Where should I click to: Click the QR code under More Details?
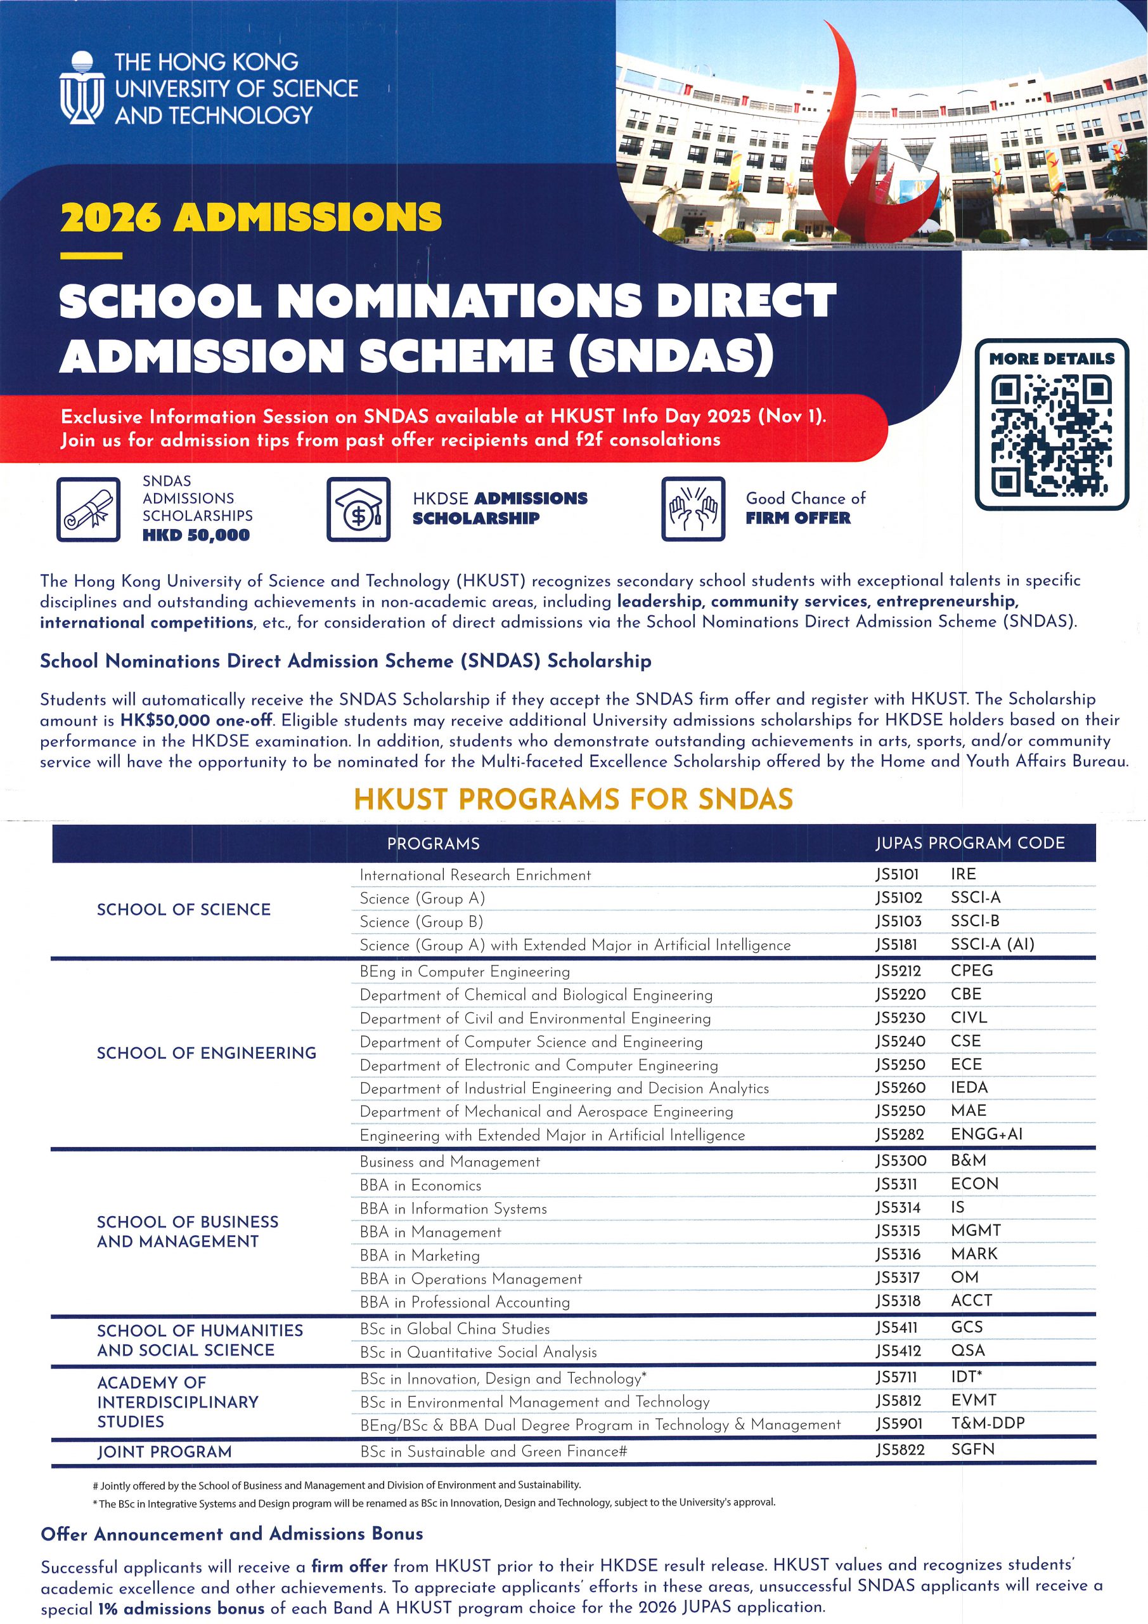pos(1050,435)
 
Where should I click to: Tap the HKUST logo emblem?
pos(82,88)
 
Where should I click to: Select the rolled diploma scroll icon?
pos(88,509)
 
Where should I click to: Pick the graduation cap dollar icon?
pos(358,509)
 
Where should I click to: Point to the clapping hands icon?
pos(693,509)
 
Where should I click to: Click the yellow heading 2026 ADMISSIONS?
pos(251,217)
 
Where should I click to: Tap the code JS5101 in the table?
pos(896,874)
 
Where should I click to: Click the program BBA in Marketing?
pos(419,1255)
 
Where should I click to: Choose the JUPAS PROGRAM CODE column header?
pos(970,843)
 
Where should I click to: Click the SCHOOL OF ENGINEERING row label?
pos(207,1053)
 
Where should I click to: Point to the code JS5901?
pos(899,1423)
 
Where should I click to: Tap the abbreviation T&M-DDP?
pos(988,1423)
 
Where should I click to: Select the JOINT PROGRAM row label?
pos(164,1452)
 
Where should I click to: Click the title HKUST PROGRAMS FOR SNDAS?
pos(573,799)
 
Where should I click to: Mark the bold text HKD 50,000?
pos(196,535)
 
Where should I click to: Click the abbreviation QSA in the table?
pos(967,1351)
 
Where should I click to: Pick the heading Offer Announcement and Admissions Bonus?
pos(232,1533)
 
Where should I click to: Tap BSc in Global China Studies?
pos(455,1328)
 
